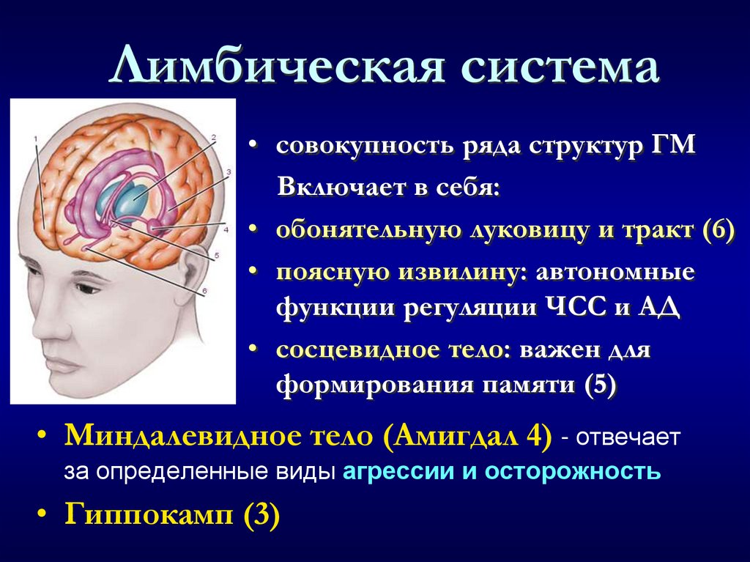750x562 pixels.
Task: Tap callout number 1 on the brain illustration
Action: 34,138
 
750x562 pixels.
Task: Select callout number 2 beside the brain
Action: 213,137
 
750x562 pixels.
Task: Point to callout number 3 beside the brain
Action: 228,171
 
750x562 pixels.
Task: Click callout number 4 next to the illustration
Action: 226,229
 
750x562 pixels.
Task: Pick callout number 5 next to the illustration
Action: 217,256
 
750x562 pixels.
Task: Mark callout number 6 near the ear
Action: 206,291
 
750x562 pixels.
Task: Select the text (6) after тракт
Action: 717,229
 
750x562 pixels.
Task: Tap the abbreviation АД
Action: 661,307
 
